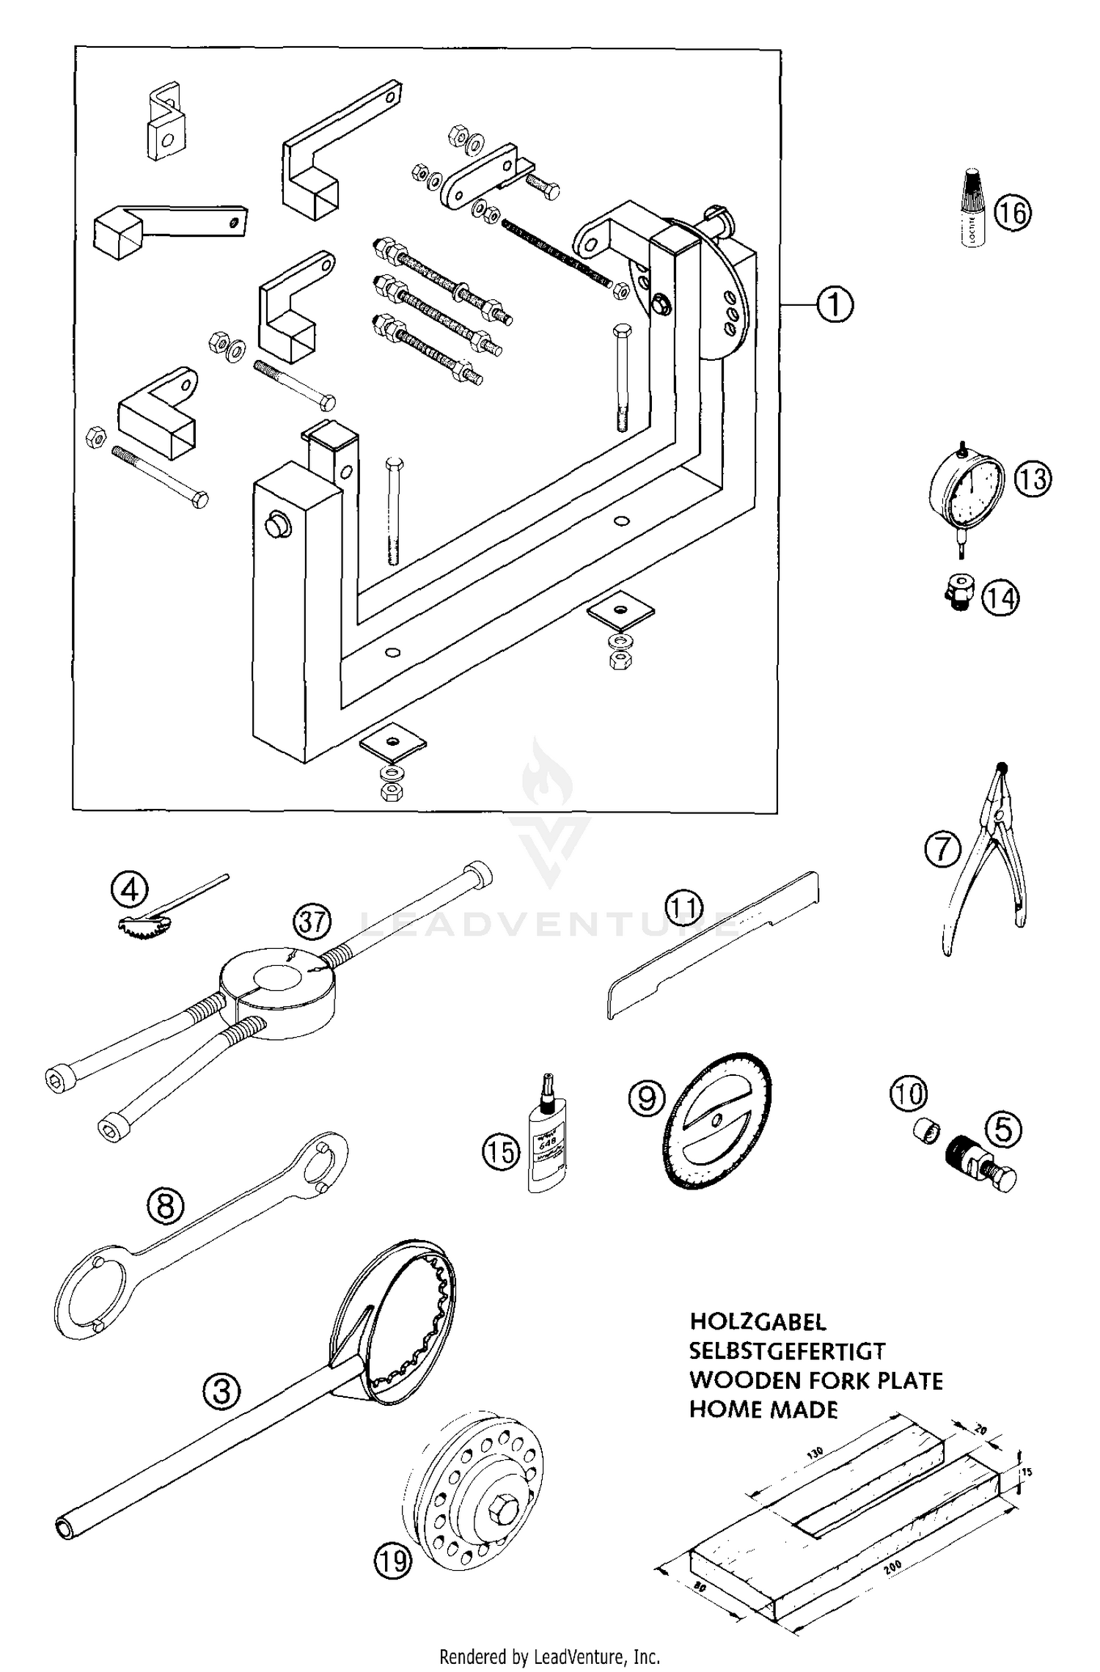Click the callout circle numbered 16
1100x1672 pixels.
point(1013,213)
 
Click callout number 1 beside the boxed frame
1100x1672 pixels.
point(834,304)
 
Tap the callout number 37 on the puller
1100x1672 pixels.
point(313,921)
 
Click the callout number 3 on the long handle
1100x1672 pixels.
point(221,1391)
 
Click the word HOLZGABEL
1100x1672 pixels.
point(758,1322)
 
